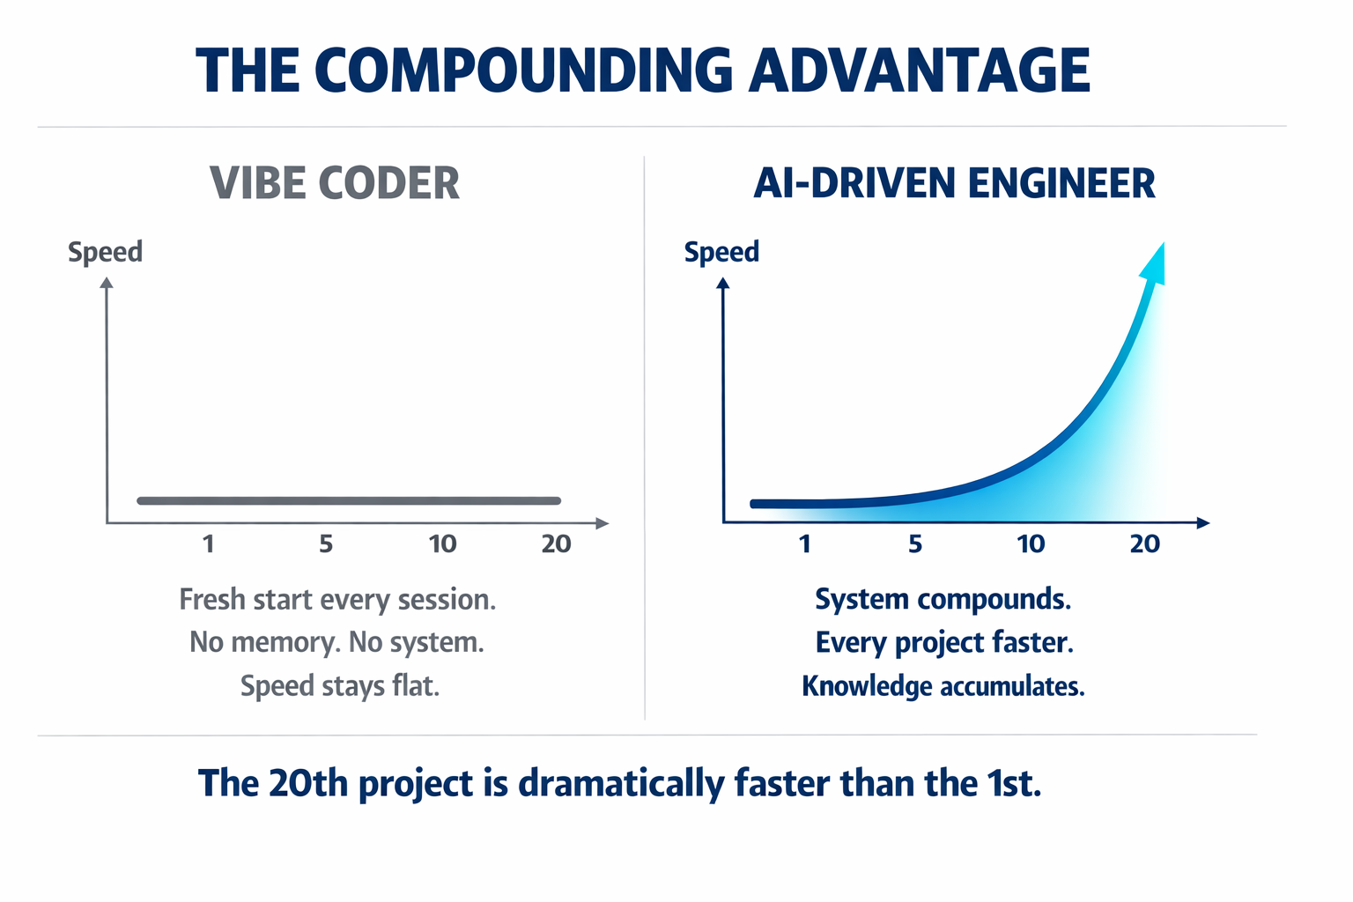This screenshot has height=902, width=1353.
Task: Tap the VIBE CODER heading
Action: [x=335, y=184]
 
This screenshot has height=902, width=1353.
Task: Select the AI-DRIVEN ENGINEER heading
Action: [x=954, y=184]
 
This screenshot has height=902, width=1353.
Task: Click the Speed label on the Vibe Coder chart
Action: [x=105, y=252]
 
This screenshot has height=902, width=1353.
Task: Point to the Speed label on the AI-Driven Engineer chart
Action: [x=721, y=252]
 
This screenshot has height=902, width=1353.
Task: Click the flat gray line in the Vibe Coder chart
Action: [x=349, y=500]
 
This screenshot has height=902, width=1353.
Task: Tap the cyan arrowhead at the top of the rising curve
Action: [x=1155, y=263]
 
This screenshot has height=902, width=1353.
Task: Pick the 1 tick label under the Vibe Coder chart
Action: [x=209, y=544]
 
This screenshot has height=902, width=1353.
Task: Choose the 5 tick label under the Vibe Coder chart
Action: [x=326, y=544]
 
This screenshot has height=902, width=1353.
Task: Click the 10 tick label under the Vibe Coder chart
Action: [x=442, y=544]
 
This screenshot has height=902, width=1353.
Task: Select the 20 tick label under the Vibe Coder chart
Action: [x=556, y=544]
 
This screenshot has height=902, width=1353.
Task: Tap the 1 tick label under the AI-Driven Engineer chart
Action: [x=804, y=544]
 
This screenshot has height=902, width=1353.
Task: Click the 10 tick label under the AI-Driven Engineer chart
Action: [x=1031, y=544]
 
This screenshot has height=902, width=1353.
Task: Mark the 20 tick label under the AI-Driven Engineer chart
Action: [x=1144, y=544]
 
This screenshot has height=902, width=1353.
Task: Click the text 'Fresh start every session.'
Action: [x=337, y=600]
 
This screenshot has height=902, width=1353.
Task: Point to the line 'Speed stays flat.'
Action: [x=339, y=686]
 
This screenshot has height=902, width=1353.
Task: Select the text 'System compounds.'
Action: [x=943, y=600]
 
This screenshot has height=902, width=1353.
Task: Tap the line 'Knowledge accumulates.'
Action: [x=943, y=686]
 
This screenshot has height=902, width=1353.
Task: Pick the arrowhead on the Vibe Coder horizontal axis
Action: [x=603, y=523]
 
